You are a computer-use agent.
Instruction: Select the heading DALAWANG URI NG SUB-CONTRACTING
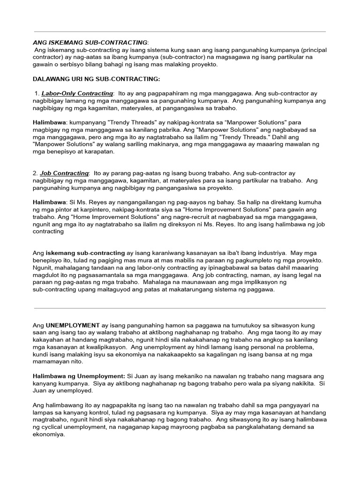point(96,79)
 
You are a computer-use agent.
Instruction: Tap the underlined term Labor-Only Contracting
point(77,93)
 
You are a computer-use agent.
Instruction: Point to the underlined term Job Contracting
point(64,173)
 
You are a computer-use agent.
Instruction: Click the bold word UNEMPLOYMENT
point(73,325)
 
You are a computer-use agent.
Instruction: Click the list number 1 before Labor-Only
point(37,93)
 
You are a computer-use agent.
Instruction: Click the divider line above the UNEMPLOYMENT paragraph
point(180,308)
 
